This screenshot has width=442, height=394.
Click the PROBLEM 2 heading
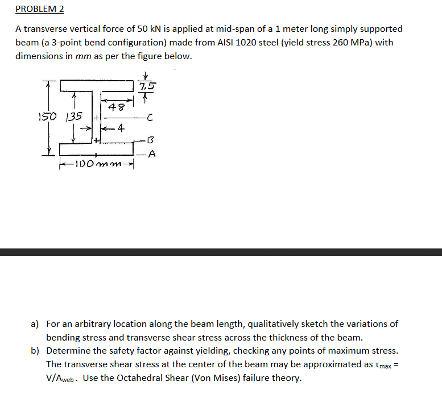(39, 9)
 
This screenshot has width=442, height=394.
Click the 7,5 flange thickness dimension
(146, 86)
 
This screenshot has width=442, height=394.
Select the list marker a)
(35, 324)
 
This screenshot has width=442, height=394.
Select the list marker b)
(35, 350)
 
